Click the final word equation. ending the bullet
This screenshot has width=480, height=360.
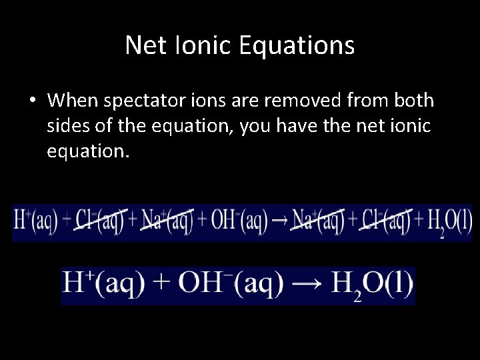click(85, 151)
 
